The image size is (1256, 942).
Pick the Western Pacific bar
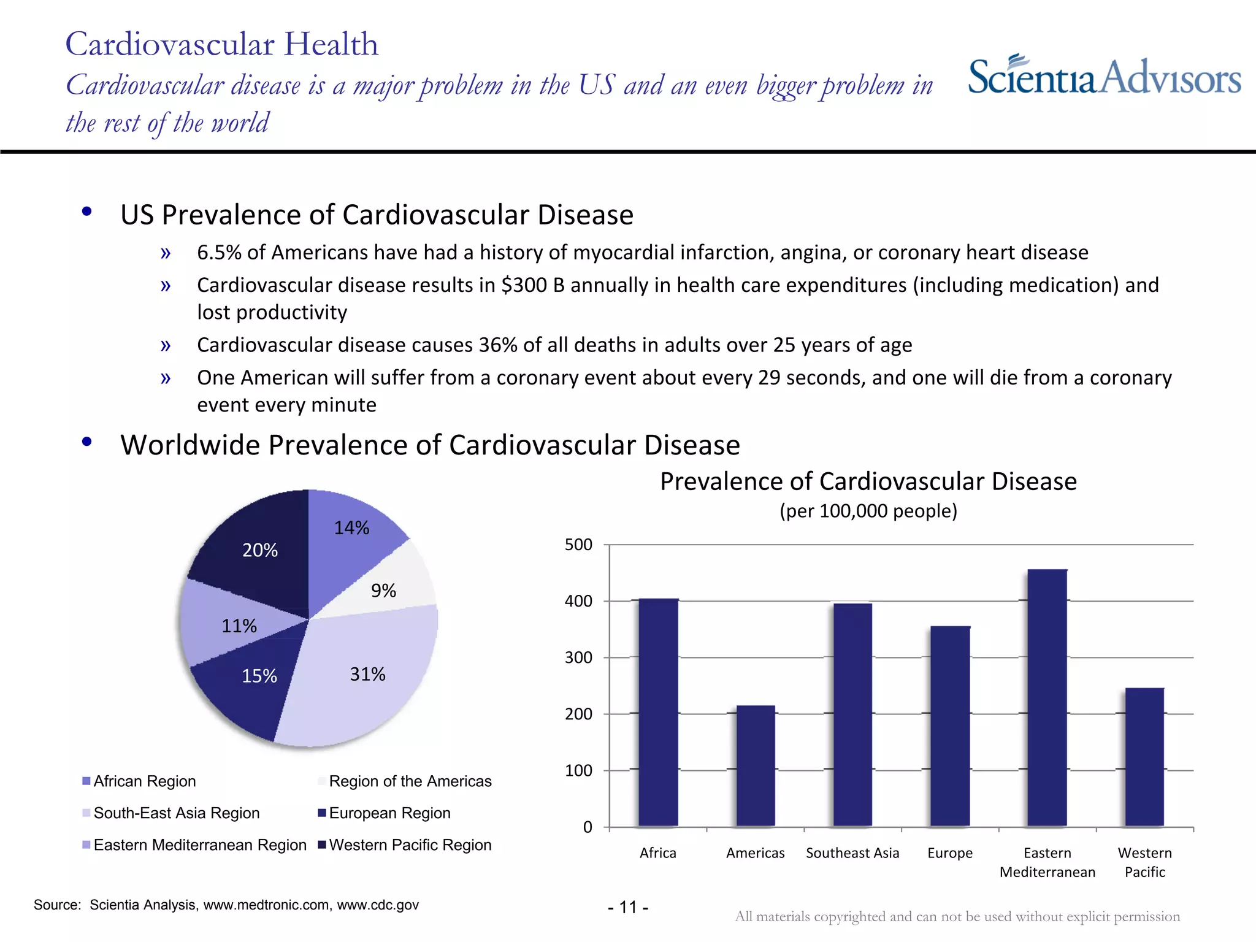click(x=1144, y=757)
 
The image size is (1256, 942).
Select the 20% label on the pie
click(x=260, y=550)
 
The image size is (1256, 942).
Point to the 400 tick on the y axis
click(x=578, y=601)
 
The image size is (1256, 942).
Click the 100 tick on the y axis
click(x=578, y=770)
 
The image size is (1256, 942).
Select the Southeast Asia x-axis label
click(x=852, y=853)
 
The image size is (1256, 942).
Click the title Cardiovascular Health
click(x=221, y=44)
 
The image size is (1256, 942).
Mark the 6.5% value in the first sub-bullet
click(x=219, y=253)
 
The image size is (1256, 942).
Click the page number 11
click(x=628, y=907)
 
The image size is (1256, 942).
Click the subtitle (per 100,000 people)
click(x=868, y=511)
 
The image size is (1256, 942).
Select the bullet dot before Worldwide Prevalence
click(x=87, y=442)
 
